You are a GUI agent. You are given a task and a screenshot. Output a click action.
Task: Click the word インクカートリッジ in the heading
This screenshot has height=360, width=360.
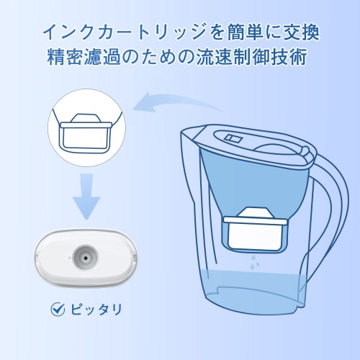[120, 33]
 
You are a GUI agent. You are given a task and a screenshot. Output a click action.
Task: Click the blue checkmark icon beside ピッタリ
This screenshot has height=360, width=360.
[58, 310]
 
